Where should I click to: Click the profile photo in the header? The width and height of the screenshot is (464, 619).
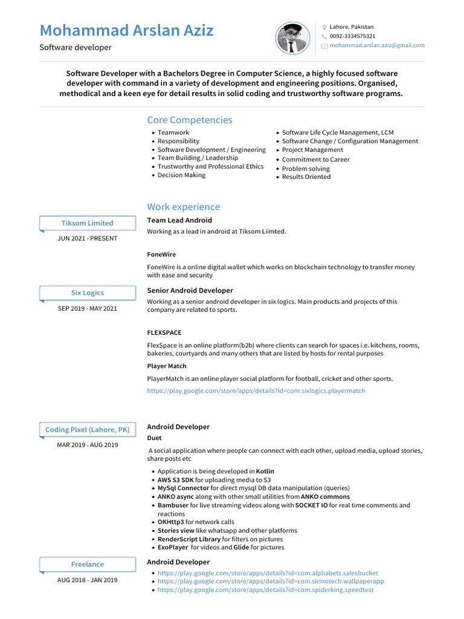[x=293, y=38]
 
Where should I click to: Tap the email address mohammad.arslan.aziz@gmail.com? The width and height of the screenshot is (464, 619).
[x=377, y=45]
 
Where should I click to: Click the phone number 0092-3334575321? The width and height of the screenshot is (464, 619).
[x=352, y=36]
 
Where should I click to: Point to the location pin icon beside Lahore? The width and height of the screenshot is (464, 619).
[x=324, y=27]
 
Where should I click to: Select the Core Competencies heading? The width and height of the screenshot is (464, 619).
[x=190, y=120]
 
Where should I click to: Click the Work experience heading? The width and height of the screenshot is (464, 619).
[x=184, y=207]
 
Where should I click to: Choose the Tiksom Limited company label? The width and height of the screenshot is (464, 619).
[x=88, y=223]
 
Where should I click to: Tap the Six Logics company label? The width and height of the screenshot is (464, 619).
[x=88, y=293]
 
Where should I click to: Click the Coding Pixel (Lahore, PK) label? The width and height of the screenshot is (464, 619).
[x=88, y=430]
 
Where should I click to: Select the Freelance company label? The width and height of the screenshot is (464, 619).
[x=88, y=564]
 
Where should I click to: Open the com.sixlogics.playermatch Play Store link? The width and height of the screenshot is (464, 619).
[x=256, y=391]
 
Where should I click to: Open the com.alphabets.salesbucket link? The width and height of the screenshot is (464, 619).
[x=268, y=573]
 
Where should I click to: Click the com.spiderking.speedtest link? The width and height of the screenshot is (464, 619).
[x=265, y=590]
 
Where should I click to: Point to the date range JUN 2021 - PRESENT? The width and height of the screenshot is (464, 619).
[x=88, y=238]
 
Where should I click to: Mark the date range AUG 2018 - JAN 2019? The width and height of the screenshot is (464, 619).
[x=88, y=580]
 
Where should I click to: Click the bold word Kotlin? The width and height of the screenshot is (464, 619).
[x=265, y=471]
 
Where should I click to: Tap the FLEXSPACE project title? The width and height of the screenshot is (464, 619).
[x=164, y=332]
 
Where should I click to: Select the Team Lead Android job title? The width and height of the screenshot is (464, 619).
[x=179, y=221]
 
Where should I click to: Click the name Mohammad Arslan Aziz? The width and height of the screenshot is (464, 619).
[x=127, y=30]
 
